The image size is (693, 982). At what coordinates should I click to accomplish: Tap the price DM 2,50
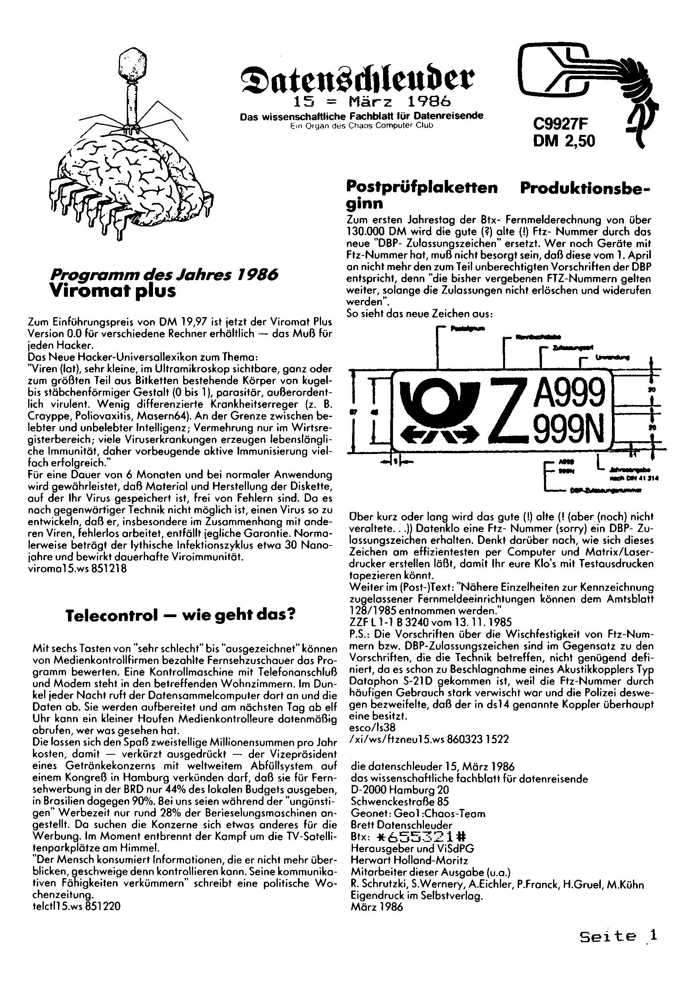tap(563, 141)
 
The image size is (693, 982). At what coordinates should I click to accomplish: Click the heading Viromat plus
tap(113, 291)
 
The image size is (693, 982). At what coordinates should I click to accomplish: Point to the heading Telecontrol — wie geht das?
tap(181, 616)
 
